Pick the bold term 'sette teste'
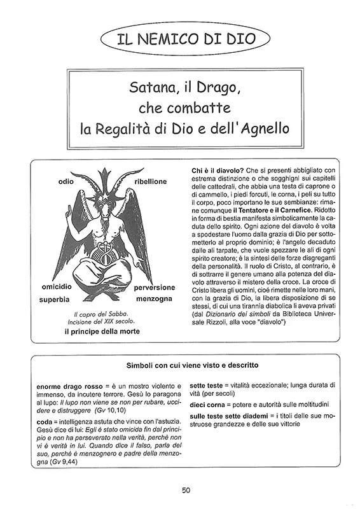click(x=205, y=386)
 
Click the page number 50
click(x=185, y=489)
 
